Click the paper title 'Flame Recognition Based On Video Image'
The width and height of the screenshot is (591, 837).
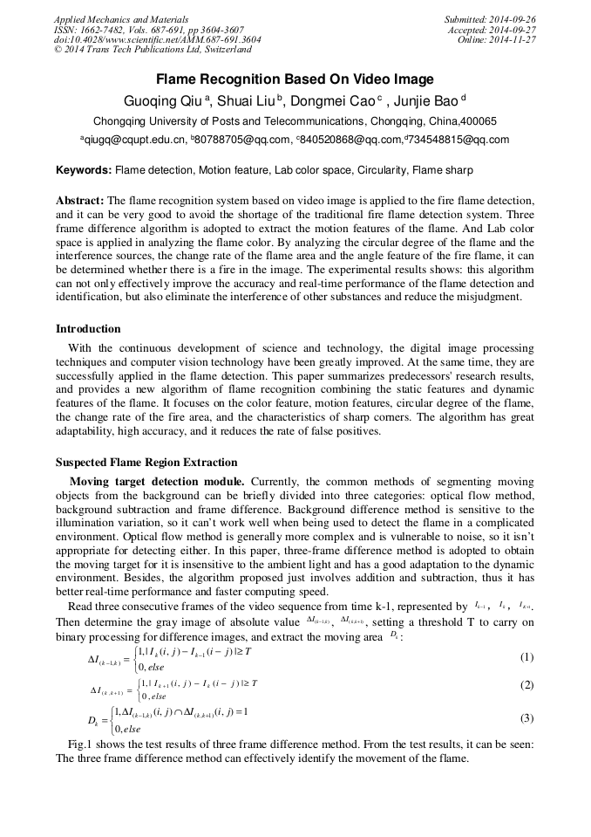(295, 79)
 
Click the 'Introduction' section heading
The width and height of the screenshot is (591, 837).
(88, 329)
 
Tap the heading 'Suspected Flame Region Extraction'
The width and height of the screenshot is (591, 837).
(146, 463)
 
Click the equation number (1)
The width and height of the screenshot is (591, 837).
(526, 656)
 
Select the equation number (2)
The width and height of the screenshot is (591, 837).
(526, 685)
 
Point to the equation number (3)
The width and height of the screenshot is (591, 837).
(526, 718)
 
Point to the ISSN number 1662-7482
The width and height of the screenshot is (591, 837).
(105, 29)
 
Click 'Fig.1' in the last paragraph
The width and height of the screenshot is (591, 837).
(81, 744)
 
